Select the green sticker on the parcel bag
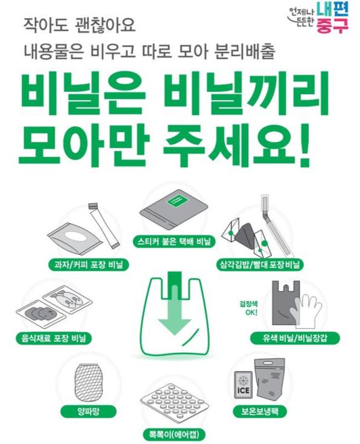coord(180,203)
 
